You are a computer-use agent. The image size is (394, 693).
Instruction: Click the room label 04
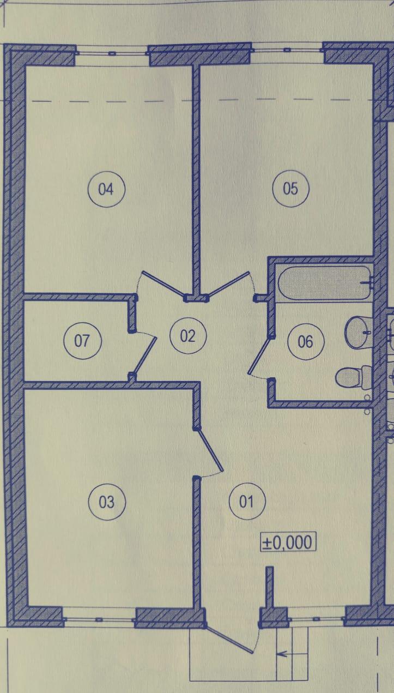[106, 189]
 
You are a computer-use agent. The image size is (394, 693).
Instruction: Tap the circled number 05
[290, 188]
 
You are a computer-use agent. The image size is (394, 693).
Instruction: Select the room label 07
[82, 340]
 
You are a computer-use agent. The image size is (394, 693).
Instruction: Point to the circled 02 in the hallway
[188, 336]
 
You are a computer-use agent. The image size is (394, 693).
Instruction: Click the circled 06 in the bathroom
[306, 341]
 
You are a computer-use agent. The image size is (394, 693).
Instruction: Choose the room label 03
[107, 502]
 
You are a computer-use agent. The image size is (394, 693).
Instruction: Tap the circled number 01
[247, 501]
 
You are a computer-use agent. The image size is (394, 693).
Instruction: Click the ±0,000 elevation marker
[288, 550]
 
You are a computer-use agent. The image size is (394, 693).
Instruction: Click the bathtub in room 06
[325, 283]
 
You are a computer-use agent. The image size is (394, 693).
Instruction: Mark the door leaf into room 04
[163, 285]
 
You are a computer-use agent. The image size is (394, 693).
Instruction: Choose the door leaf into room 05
[228, 284]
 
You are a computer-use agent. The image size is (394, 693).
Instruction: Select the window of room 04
[112, 53]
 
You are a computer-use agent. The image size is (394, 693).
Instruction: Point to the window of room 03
[99, 619]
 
